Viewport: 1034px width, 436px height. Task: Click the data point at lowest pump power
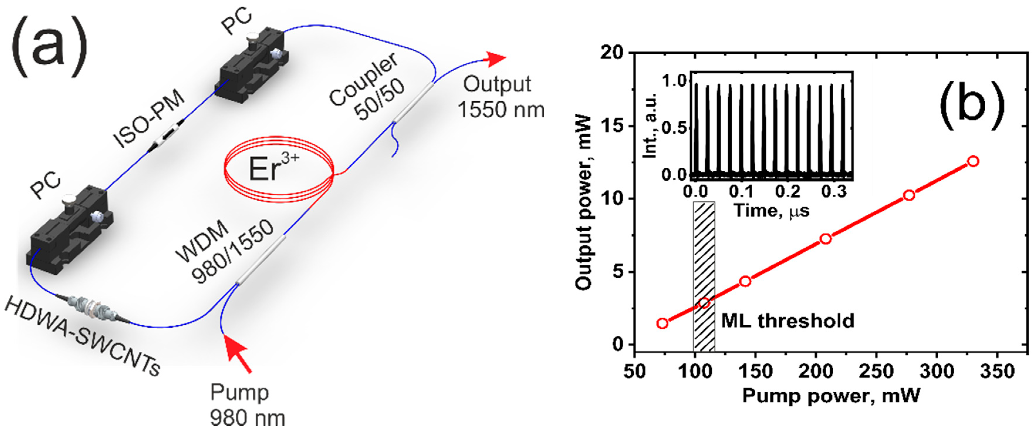pos(662,323)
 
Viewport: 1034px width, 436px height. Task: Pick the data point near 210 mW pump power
pos(825,239)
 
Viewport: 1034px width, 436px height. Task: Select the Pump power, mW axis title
pos(831,396)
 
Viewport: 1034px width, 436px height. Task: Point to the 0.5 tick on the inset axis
pos(674,128)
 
